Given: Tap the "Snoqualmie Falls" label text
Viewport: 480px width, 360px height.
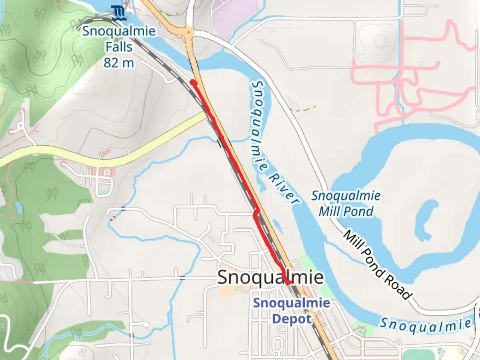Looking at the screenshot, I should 119,39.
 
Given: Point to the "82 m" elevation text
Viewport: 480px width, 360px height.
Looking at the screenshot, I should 119,63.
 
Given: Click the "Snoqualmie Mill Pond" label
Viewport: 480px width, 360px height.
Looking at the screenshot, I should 346,203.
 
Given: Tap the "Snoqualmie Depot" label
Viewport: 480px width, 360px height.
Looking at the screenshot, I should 292,311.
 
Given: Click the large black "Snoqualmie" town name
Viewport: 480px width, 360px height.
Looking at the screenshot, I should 270,277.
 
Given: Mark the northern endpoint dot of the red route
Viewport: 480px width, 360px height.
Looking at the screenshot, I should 193,82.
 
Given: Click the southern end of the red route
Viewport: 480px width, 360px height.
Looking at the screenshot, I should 289,283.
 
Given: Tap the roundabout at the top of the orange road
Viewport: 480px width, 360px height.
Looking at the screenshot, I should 189,32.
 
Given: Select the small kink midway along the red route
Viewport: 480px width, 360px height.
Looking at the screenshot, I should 256,213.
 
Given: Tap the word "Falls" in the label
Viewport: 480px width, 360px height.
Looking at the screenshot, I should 119,47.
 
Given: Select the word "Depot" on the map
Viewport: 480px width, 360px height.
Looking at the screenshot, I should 292,319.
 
